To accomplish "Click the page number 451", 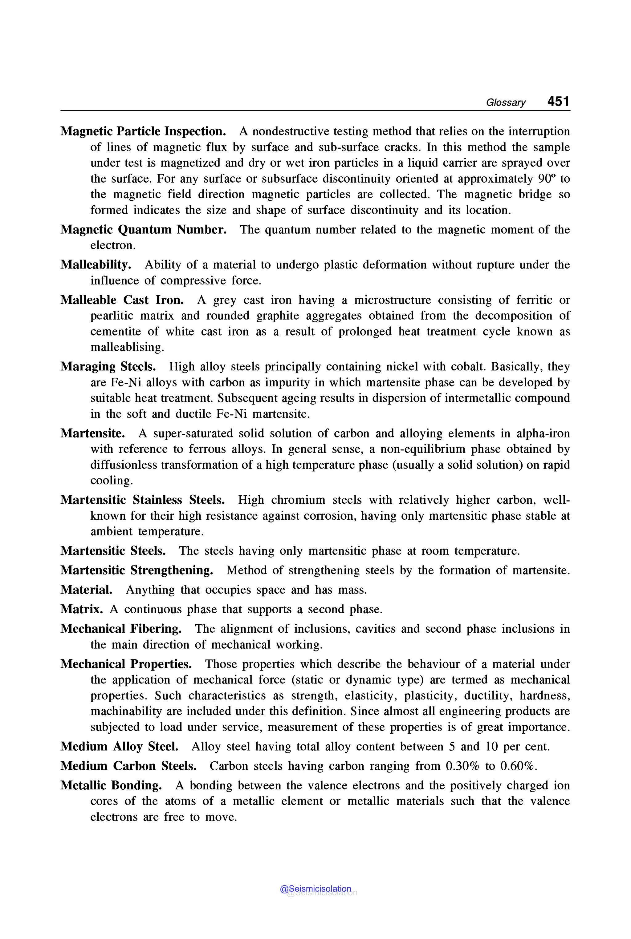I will coord(558,101).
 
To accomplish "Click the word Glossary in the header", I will coord(505,103).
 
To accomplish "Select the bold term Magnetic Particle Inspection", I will coord(143,131).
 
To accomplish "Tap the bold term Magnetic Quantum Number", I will coord(143,230).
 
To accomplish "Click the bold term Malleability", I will coord(96,264).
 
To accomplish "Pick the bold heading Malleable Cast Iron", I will coord(122,300).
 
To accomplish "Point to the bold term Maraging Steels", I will coord(108,366).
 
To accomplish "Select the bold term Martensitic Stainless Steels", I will coord(142,500).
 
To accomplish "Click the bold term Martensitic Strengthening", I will coord(137,570).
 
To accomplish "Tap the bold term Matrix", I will coord(82,609).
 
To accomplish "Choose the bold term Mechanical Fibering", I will coord(121,629).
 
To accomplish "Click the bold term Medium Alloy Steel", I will coord(119,746).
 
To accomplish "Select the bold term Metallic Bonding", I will coord(111,785).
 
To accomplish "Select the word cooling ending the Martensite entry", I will coord(111,481).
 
